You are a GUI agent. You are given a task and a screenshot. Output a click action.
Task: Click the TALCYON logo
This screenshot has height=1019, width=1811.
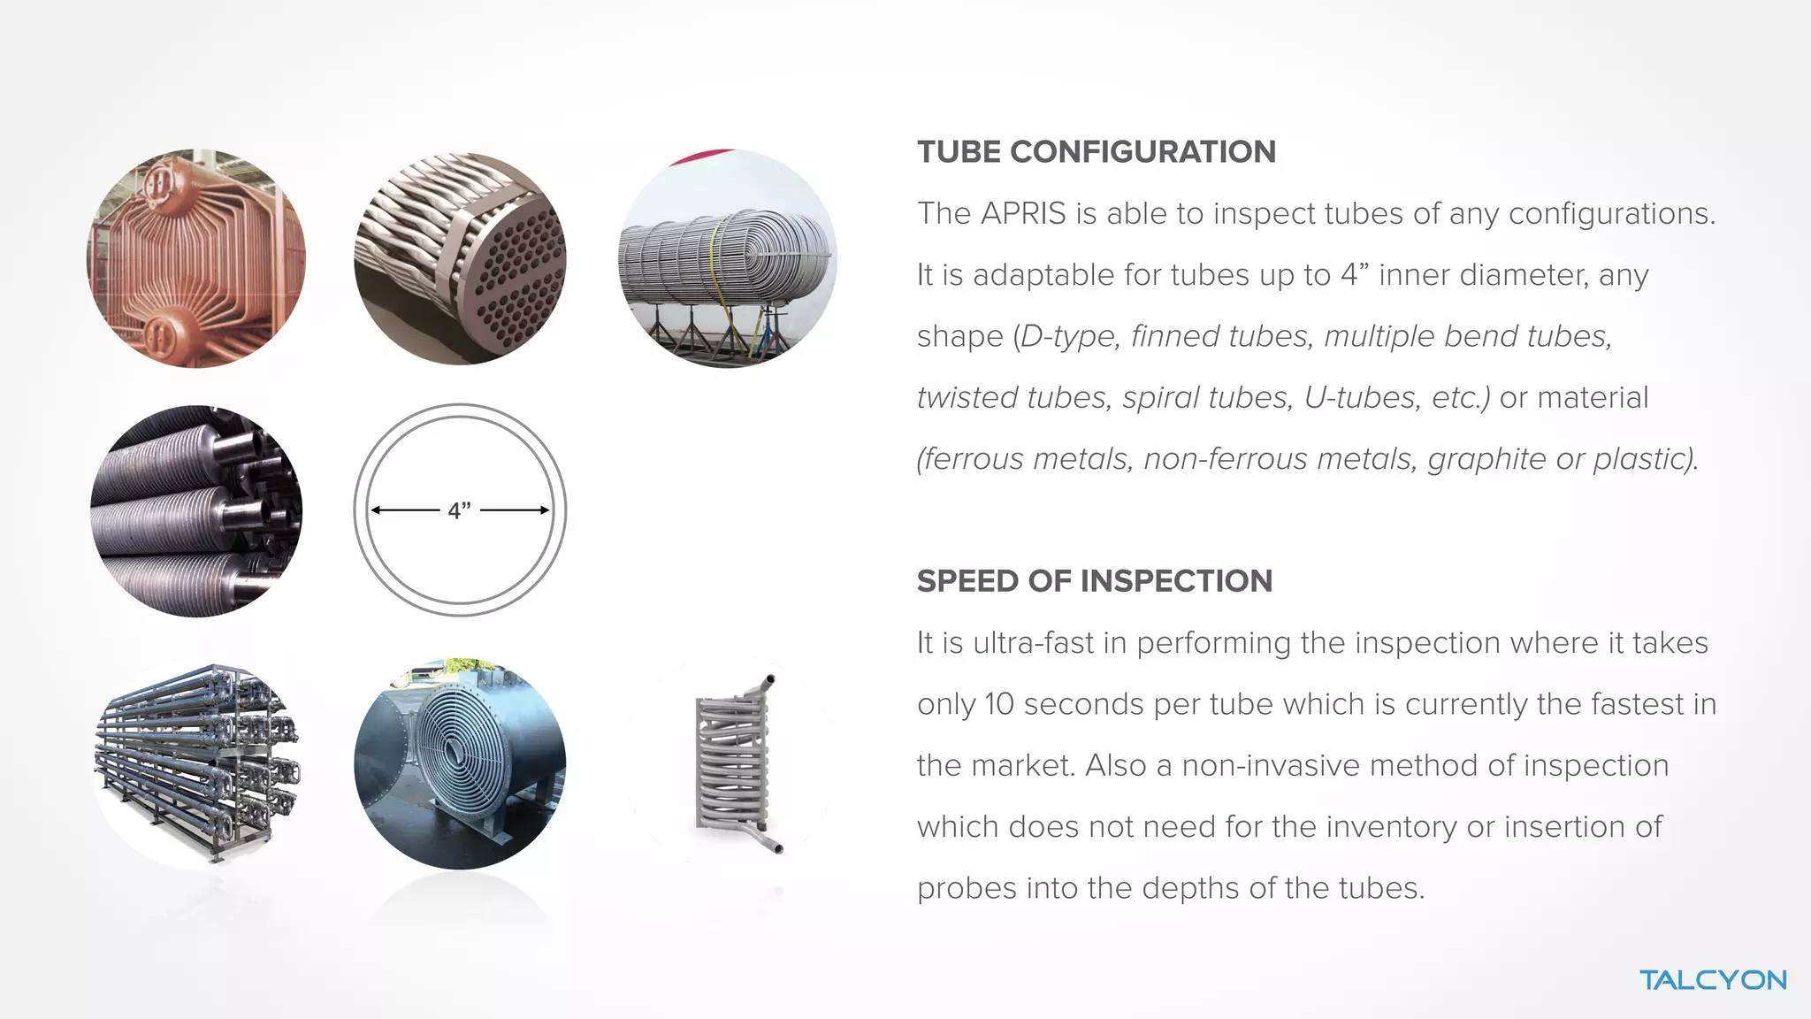point(1712,980)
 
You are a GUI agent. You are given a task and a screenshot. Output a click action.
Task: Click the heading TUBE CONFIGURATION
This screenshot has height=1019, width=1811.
point(1096,152)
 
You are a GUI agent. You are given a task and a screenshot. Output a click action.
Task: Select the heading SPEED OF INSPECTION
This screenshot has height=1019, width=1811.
point(1094,581)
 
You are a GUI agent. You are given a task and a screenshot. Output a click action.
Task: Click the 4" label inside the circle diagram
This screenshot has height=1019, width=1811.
point(459,510)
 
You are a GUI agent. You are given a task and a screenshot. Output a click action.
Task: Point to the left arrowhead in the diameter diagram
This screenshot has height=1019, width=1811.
point(376,510)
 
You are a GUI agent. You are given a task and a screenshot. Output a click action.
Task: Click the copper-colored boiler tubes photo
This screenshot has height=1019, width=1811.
point(196,258)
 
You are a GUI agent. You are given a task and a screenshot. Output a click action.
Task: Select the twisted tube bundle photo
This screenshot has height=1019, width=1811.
point(460,258)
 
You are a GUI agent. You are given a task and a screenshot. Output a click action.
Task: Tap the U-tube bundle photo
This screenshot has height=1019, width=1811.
point(728,258)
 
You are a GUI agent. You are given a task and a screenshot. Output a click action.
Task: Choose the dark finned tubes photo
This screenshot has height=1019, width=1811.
point(196,510)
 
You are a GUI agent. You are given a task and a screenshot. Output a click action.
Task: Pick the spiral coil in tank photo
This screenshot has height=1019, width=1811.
point(460,763)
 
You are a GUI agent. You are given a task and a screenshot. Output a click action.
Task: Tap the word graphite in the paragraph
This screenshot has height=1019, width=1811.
point(1486,460)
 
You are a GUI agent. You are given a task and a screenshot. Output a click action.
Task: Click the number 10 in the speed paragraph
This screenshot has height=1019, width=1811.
point(998,704)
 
